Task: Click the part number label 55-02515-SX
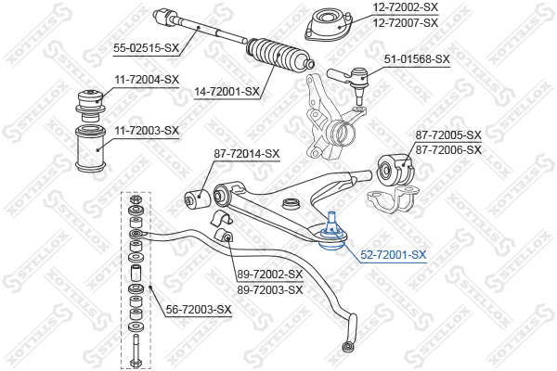(147, 47)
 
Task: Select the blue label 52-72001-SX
(394, 254)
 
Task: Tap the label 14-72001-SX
(227, 92)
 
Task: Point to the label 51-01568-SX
(417, 59)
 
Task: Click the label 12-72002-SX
(406, 7)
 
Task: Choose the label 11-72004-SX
(147, 80)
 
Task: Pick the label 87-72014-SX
(247, 154)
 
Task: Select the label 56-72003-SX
(199, 310)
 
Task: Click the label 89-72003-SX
(270, 289)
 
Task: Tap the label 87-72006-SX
(448, 150)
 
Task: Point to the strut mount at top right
(330, 25)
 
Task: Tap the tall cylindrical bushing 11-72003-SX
(91, 148)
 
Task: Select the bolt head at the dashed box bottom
(136, 364)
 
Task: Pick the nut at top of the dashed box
(136, 198)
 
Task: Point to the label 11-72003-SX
(147, 131)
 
